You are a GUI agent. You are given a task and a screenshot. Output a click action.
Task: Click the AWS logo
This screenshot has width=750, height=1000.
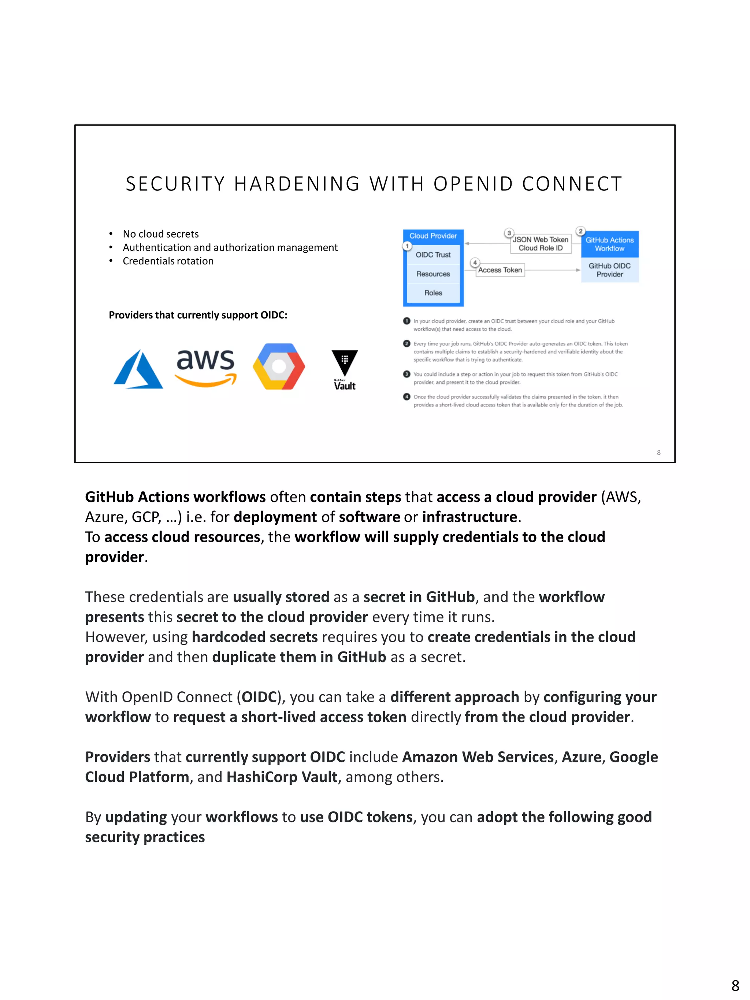tap(206, 367)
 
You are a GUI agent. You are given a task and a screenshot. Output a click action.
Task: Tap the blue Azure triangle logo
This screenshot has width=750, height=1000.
tap(138, 370)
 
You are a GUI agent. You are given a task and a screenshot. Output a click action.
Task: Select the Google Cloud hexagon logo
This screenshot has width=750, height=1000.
tap(279, 366)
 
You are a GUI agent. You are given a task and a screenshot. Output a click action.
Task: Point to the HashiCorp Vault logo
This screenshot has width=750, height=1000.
tap(345, 369)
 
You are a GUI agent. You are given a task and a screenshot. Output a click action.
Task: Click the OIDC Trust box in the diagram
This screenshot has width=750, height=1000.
tap(433, 255)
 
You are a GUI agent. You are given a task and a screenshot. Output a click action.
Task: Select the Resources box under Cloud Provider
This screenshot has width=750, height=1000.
tap(433, 274)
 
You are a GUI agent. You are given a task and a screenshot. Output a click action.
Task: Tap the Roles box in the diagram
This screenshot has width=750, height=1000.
tap(433, 293)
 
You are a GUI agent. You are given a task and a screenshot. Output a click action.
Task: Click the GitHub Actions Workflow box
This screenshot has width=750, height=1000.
tap(609, 244)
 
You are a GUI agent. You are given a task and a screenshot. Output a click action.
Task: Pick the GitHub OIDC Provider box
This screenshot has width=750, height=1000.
tap(609, 270)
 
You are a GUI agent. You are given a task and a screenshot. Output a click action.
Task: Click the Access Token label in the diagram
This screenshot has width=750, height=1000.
tap(500, 270)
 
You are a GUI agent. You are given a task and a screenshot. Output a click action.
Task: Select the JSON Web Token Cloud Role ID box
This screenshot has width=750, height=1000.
tap(540, 244)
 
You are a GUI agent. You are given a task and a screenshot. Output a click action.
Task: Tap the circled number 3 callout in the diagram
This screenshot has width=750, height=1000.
tap(509, 233)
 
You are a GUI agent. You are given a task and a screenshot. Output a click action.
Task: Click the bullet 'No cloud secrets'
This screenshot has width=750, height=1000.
tap(160, 234)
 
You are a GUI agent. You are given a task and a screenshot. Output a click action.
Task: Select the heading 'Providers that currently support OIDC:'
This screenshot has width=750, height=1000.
tap(198, 315)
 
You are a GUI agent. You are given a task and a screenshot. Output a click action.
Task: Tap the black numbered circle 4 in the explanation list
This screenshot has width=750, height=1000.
tap(406, 397)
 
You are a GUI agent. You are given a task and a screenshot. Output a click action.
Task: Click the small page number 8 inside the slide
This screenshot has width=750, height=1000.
tap(659, 453)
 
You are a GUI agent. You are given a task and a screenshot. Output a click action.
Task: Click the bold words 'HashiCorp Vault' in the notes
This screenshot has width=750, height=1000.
tap(282, 777)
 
